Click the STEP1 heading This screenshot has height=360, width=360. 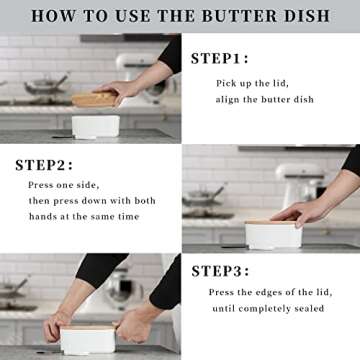(x=220, y=58)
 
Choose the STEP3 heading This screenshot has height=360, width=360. (x=221, y=270)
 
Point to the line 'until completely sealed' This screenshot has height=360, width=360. (x=268, y=309)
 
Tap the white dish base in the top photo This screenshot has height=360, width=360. (x=96, y=126)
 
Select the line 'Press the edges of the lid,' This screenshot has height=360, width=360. (x=266, y=292)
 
